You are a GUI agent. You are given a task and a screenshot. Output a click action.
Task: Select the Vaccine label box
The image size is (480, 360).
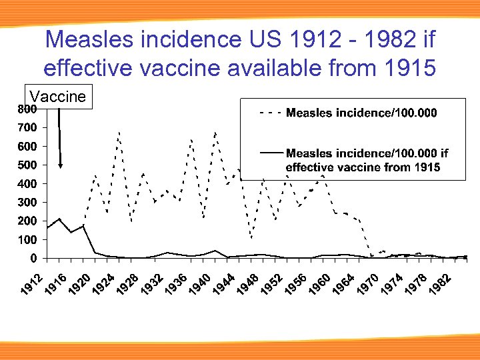pos(57,97)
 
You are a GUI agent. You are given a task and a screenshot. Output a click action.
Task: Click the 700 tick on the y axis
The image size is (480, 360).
pos(27,127)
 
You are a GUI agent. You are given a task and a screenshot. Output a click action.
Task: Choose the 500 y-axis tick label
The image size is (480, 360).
pos(27,165)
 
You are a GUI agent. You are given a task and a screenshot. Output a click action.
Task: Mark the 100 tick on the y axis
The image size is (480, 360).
pos(27,239)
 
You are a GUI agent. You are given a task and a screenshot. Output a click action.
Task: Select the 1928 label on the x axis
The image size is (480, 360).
pos(128,284)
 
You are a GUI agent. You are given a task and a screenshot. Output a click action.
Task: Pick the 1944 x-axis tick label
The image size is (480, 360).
pos(223,284)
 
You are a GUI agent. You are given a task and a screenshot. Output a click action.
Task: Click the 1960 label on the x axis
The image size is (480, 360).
pos(317,284)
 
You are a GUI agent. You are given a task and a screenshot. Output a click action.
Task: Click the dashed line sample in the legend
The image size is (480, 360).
pos(270,113)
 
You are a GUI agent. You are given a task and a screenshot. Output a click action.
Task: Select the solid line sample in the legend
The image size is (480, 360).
pos(270,153)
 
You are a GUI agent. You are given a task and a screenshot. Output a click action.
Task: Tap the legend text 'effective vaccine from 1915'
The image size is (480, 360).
pos(363,167)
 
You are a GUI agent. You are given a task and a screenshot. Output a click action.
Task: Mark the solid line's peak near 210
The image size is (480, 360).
pos(59,219)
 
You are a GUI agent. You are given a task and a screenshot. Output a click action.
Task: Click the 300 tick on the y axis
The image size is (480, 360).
pos(27,202)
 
